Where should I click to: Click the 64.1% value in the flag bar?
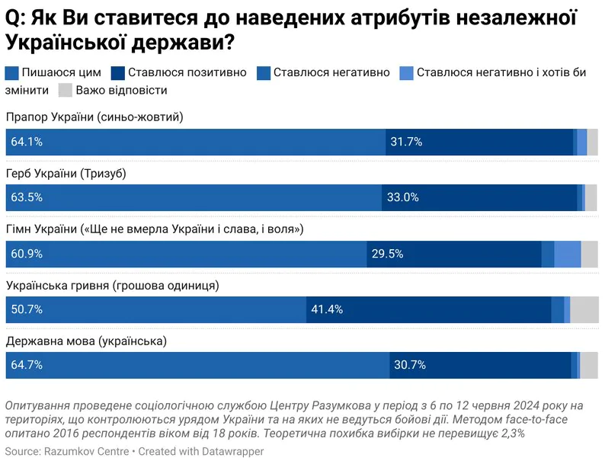[27, 142]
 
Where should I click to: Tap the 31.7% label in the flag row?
[406, 142]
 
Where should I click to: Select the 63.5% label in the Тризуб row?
[27, 197]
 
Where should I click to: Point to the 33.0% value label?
[403, 197]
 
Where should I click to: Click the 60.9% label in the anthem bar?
[27, 254]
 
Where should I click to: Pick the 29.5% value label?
[387, 254]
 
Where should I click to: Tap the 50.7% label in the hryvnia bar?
[27, 309]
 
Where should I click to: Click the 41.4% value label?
[327, 309]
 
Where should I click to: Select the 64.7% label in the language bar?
[27, 365]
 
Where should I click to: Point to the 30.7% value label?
[410, 365]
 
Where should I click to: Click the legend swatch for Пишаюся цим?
[12, 73]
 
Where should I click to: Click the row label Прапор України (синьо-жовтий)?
[94, 117]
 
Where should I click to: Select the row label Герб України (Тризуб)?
[66, 174]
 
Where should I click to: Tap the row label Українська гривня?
[113, 286]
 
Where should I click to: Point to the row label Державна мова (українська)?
[86, 341]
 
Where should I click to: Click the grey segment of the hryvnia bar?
[584, 309]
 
